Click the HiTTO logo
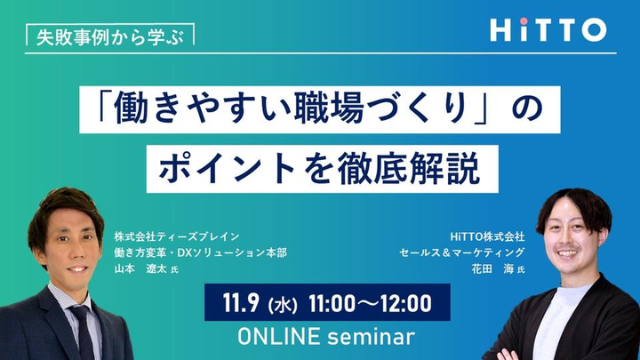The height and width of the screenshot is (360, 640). [x=548, y=29]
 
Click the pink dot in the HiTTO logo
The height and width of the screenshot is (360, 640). [x=524, y=20]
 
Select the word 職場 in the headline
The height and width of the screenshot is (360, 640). [x=329, y=108]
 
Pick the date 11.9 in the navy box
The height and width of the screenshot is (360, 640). [x=241, y=303]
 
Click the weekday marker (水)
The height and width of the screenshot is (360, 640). [x=283, y=305]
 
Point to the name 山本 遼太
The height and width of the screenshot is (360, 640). [x=140, y=269]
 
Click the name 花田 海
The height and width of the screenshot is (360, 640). [x=492, y=269]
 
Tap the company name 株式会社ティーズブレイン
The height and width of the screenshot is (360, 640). [x=177, y=236]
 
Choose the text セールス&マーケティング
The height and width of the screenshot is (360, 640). [x=462, y=252]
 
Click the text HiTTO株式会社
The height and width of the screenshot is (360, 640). [x=487, y=236]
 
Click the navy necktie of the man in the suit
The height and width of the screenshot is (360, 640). [x=84, y=332]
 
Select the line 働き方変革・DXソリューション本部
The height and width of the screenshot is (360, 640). [x=200, y=252]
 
